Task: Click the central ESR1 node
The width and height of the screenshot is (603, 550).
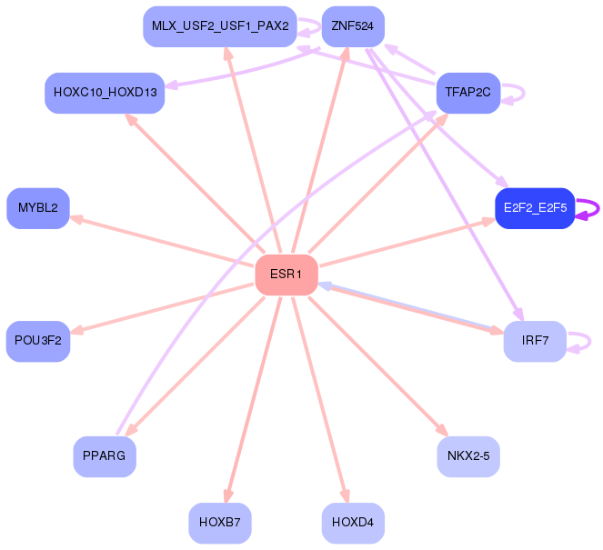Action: point(286,275)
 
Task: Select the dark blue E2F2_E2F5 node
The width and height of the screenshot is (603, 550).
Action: point(535,208)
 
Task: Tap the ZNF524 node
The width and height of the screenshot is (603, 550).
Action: point(353,26)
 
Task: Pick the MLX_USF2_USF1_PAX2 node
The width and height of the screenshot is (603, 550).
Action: point(220,26)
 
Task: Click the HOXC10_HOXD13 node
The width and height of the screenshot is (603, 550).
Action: point(105,93)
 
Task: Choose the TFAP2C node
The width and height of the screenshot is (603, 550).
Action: point(468,93)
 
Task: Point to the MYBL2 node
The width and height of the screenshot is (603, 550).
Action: point(38,208)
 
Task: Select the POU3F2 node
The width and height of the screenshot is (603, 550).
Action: point(38,341)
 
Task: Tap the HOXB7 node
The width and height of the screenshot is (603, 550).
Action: point(220,523)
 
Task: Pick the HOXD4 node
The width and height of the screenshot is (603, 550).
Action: point(353,523)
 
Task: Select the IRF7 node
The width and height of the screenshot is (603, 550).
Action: point(535,341)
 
